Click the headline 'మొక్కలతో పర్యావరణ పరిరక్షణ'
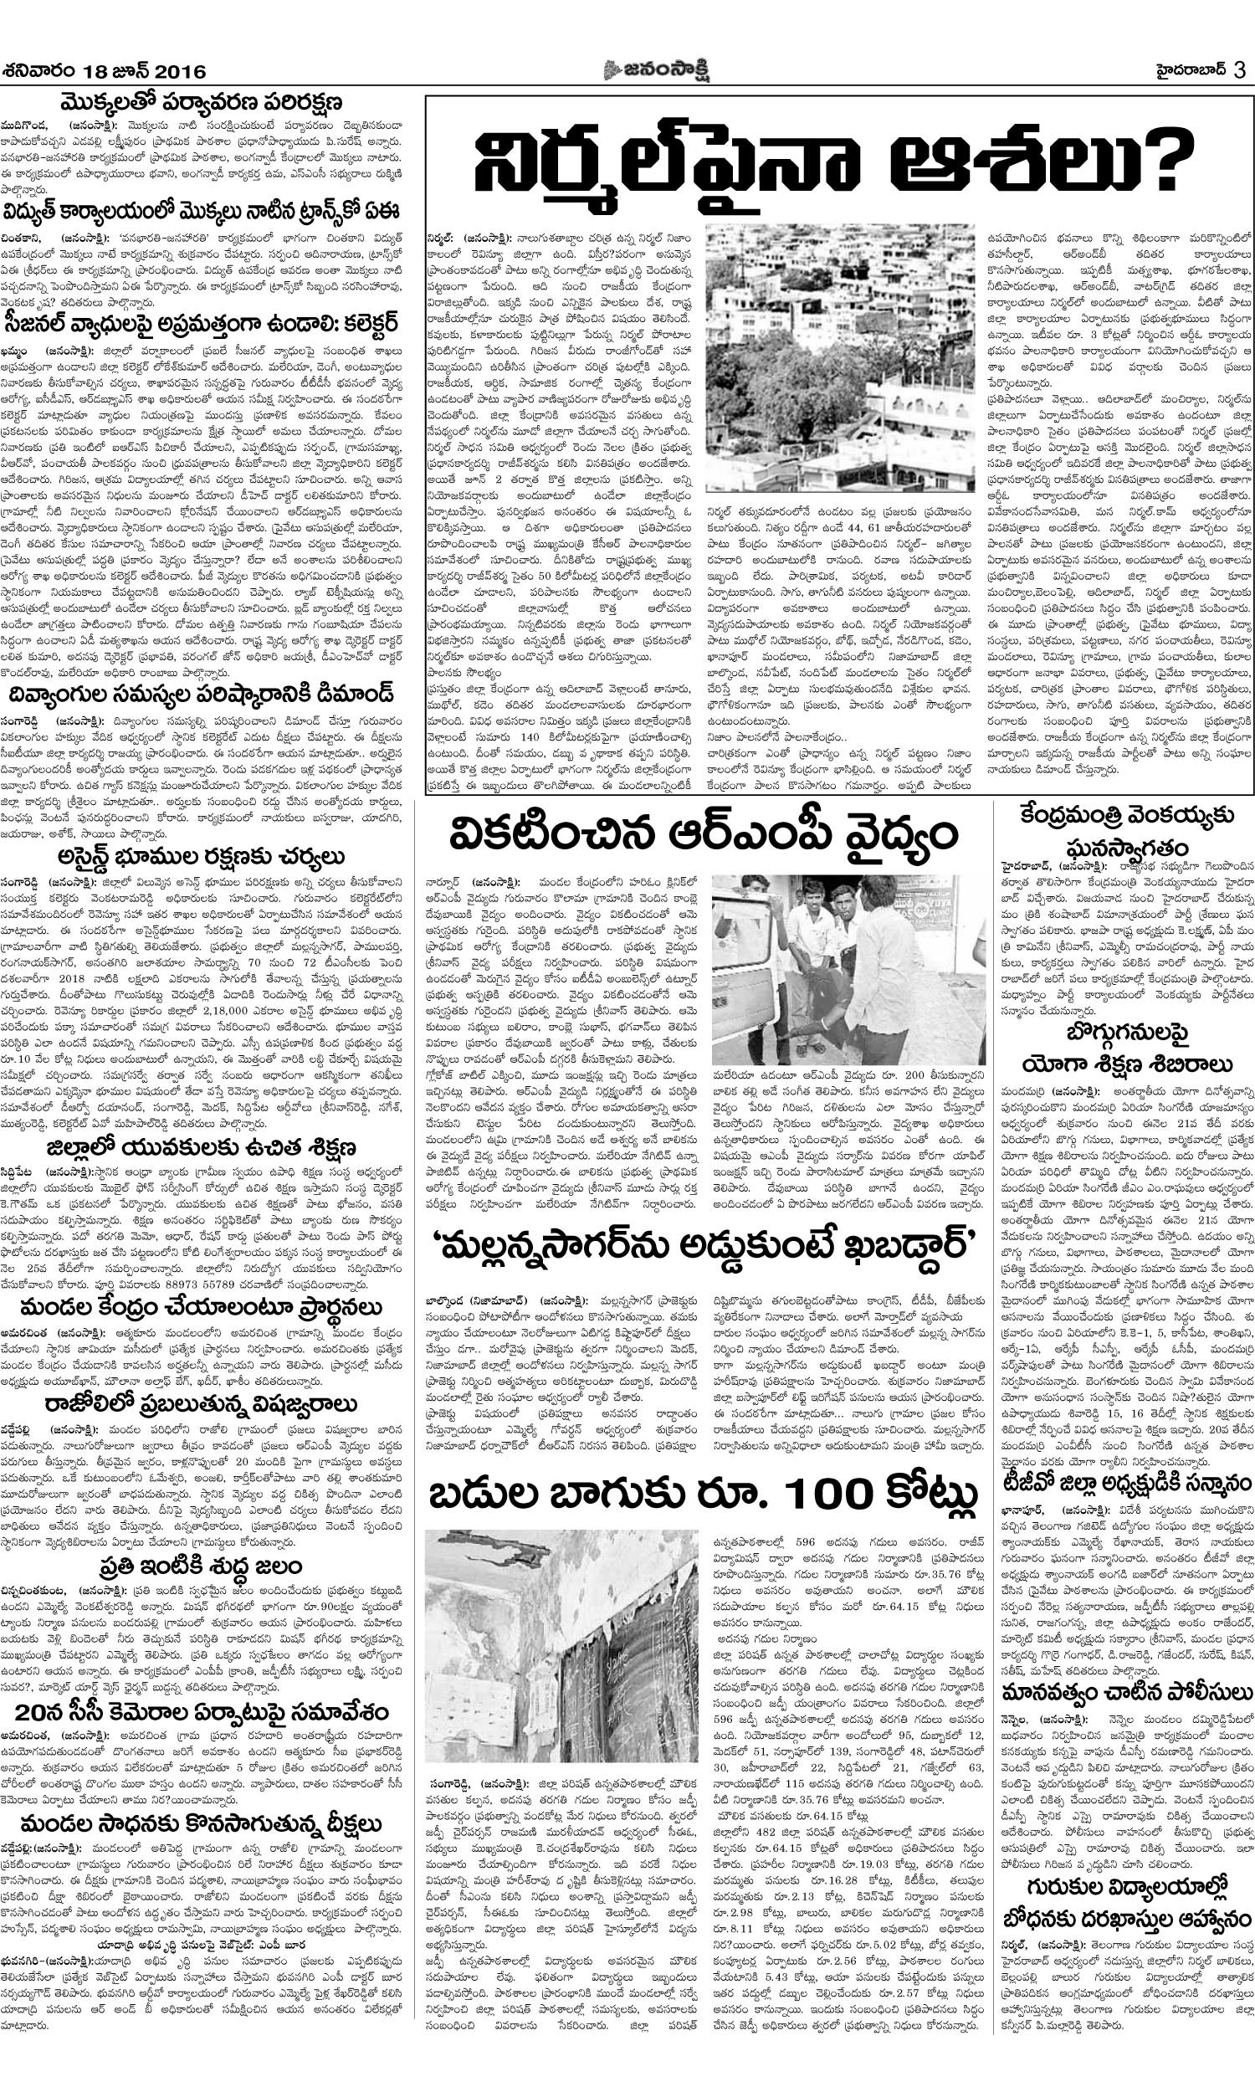tap(207, 104)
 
